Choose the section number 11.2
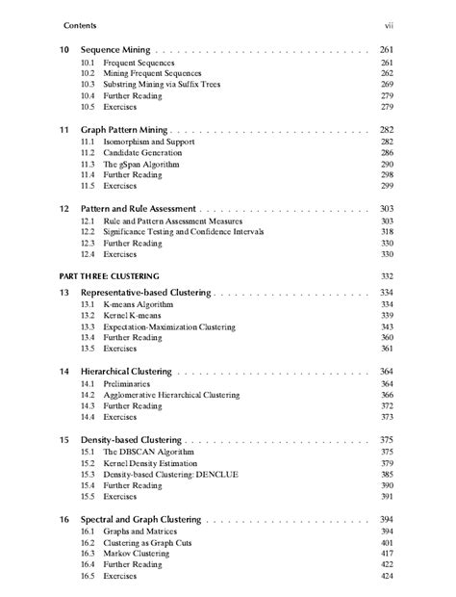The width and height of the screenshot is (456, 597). point(88,152)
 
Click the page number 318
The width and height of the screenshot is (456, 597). point(387,232)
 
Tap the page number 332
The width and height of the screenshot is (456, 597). point(387,275)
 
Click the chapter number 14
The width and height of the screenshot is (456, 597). point(64,371)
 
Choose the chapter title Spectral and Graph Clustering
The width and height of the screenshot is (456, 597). point(141,519)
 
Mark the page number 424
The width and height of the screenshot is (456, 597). point(387,577)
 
